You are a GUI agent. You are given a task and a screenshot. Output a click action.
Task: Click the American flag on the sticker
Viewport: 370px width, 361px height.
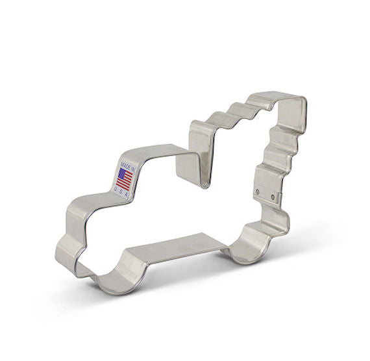pyautogui.click(x=125, y=179)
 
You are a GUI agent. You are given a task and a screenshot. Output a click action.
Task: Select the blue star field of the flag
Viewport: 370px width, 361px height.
pyautogui.click(x=121, y=174)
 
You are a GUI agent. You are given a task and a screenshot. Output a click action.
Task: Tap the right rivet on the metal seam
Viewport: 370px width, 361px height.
pyautogui.click(x=270, y=193)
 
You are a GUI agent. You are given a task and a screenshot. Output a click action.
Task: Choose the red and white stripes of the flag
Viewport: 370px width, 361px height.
pyautogui.click(x=127, y=181)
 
